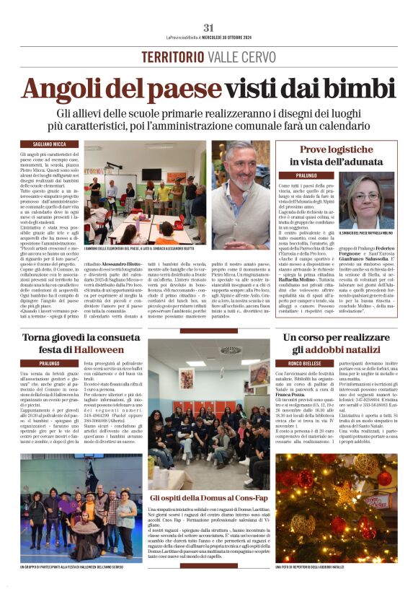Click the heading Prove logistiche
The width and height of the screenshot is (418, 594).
(343, 149)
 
